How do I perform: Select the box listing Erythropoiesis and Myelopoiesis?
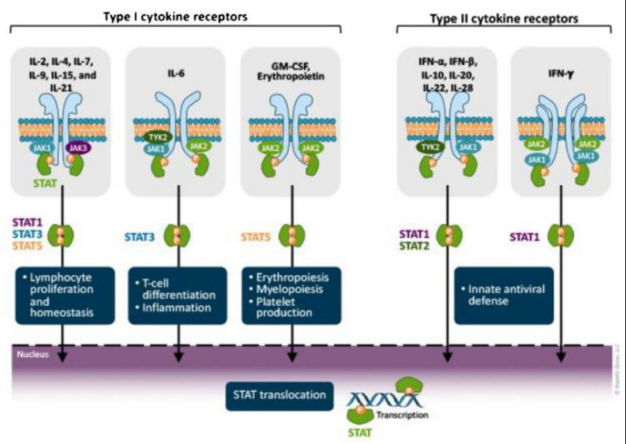click(291, 295)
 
